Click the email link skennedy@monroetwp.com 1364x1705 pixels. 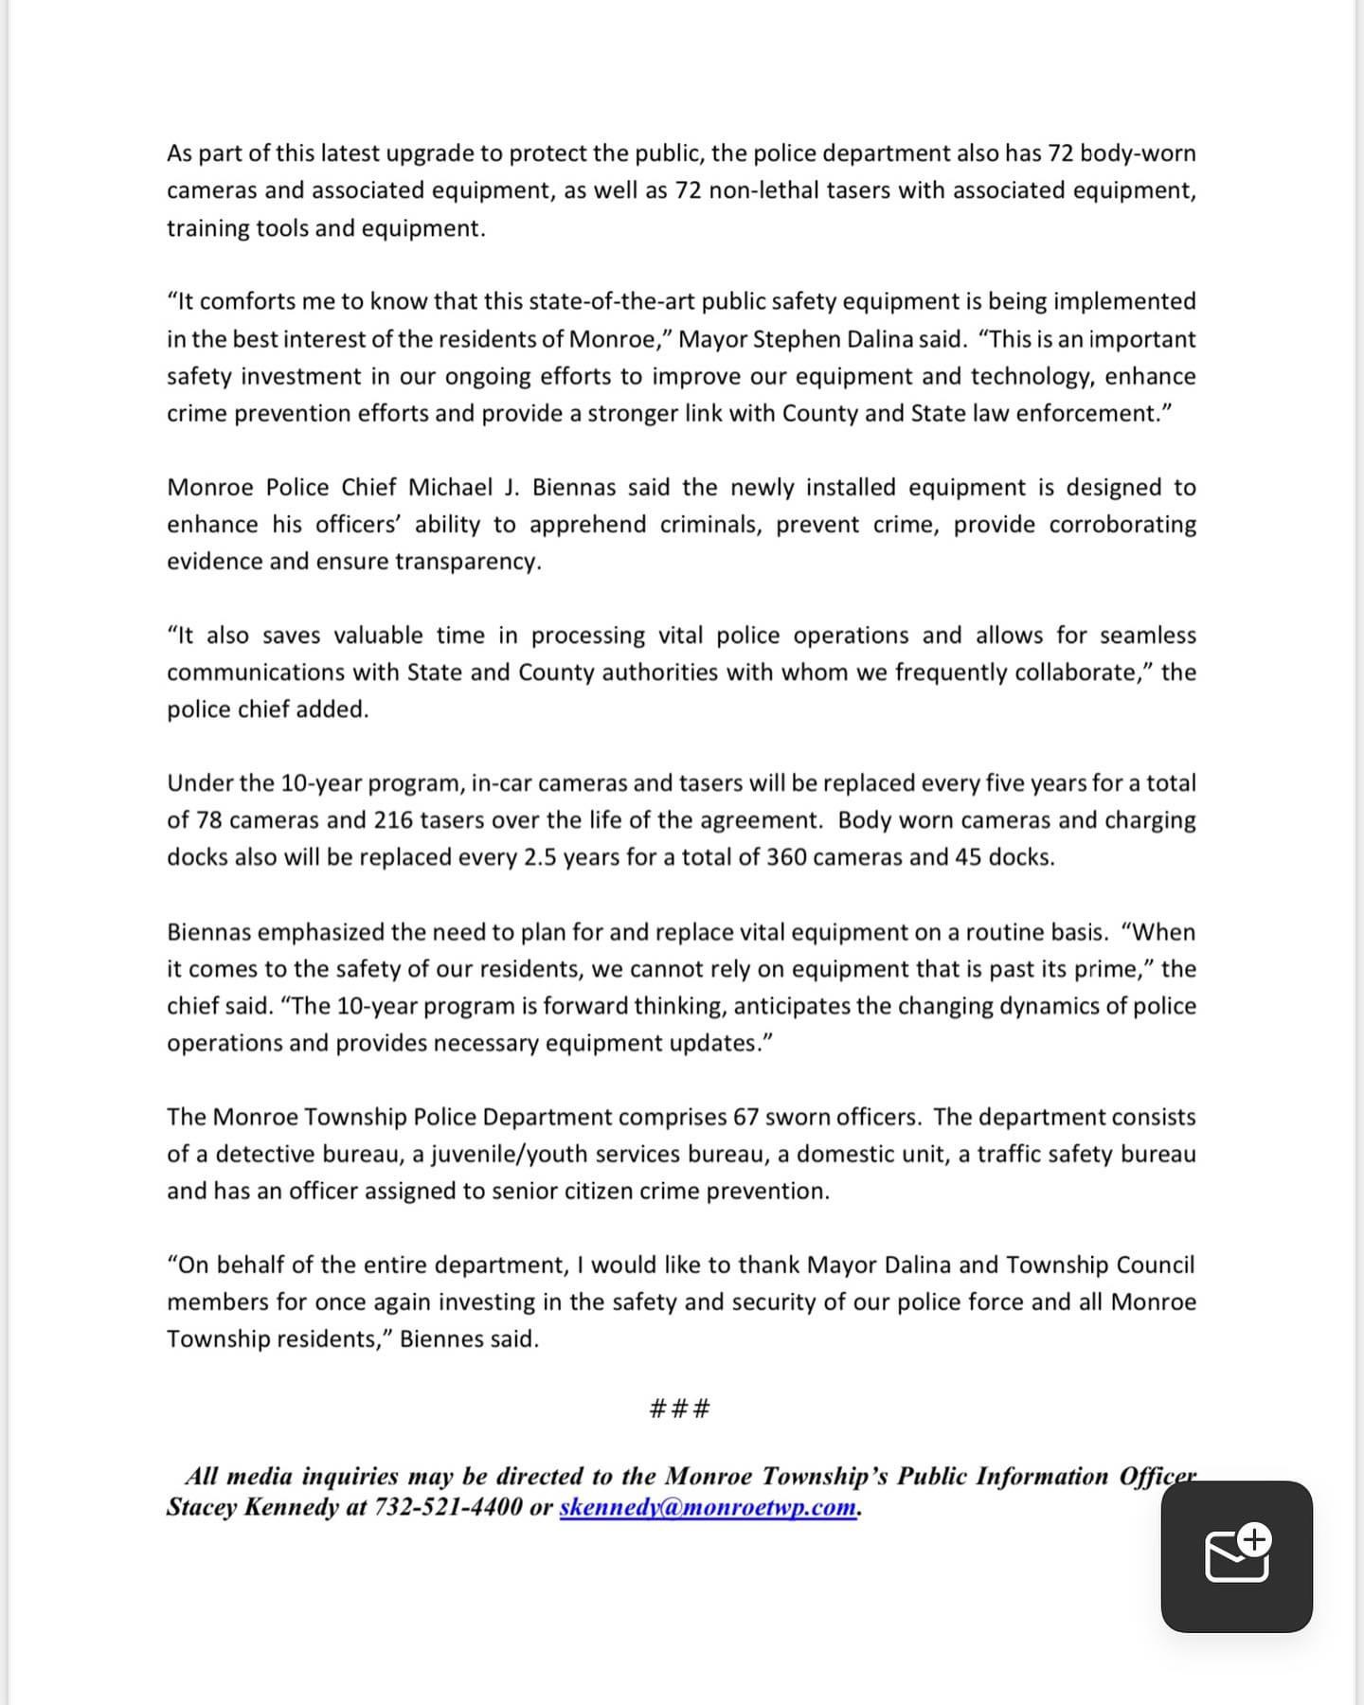click(x=708, y=1507)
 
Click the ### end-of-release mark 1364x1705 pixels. click(x=680, y=1409)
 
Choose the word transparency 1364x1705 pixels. click(x=468, y=562)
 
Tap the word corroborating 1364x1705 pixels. click(x=1122, y=525)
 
